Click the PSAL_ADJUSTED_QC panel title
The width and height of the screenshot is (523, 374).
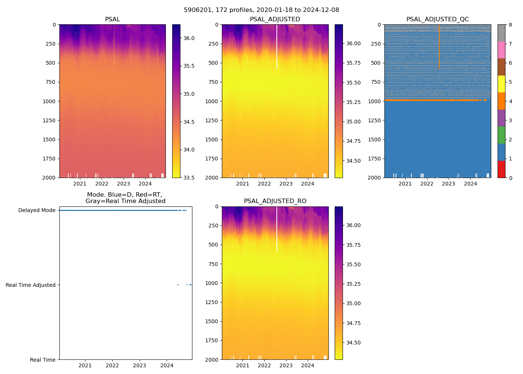(x=437, y=19)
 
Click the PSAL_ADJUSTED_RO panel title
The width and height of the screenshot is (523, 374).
(x=275, y=201)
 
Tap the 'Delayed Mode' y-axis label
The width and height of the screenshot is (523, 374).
(x=37, y=210)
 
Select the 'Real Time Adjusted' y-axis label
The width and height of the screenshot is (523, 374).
(x=31, y=285)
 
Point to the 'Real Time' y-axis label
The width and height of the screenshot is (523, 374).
(x=43, y=360)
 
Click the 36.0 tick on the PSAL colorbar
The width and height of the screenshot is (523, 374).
(x=189, y=38)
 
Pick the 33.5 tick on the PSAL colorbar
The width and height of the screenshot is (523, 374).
(x=189, y=178)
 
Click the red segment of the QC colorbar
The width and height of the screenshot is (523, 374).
(x=501, y=169)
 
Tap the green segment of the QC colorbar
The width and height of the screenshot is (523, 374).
(x=501, y=135)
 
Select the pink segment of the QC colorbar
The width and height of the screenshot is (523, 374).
(x=501, y=50)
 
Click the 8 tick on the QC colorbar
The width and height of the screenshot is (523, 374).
(x=510, y=25)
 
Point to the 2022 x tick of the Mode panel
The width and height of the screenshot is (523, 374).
(x=112, y=365)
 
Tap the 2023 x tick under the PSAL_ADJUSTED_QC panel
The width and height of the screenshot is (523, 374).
(x=449, y=184)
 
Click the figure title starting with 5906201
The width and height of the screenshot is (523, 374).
(x=261, y=10)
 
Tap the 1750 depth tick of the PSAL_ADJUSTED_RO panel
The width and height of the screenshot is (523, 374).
(x=211, y=340)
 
